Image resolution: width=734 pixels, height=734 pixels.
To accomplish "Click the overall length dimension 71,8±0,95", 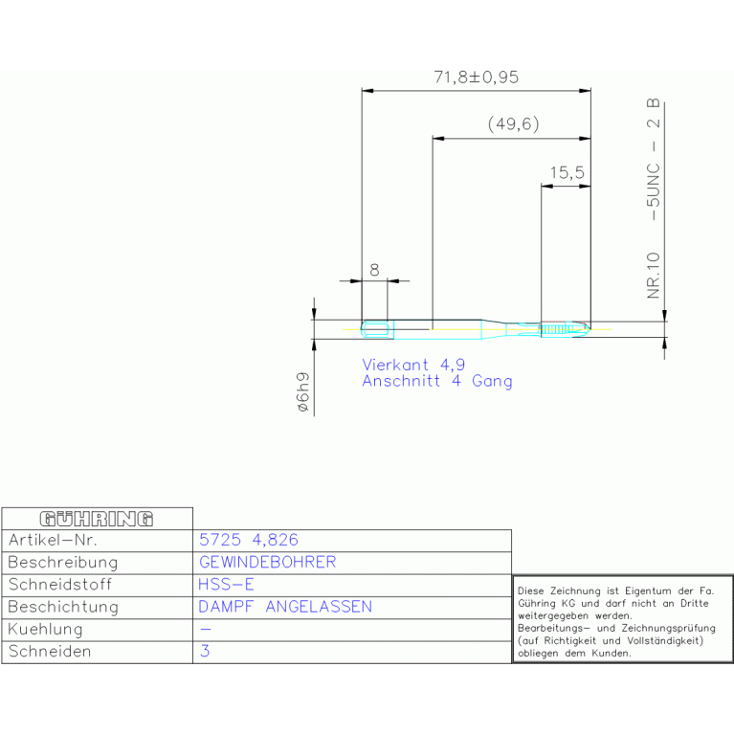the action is [476, 78].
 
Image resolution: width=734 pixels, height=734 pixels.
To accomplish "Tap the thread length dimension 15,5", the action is [567, 172].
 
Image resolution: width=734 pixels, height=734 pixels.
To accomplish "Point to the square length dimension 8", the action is [374, 270].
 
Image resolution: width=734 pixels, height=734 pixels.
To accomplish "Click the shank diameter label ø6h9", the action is [303, 391].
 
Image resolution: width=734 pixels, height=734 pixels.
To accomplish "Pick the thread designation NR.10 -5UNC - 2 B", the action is [653, 198].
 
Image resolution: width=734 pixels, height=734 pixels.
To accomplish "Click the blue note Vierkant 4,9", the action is [413, 365].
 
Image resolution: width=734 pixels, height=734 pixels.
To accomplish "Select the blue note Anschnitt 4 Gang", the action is [437, 381].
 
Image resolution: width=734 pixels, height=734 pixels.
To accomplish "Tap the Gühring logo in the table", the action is [97, 519].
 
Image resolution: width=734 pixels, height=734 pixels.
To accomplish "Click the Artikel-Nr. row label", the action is [53, 540].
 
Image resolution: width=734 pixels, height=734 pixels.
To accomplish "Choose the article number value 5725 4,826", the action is [249, 540].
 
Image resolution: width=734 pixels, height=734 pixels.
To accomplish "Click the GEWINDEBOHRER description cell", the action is [268, 562].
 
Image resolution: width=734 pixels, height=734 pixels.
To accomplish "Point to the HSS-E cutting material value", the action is [226, 584].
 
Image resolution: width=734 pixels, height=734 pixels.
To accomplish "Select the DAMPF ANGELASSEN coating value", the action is [285, 607].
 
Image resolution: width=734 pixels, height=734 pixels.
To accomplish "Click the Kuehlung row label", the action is [45, 629].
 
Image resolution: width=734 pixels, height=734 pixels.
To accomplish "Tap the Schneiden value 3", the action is [205, 651].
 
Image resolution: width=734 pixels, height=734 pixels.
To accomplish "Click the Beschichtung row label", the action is [63, 607].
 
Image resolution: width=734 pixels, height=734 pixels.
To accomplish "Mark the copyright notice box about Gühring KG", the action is [623, 619].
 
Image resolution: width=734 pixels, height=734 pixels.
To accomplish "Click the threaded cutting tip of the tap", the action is [566, 329].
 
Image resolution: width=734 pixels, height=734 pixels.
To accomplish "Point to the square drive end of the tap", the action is [377, 329].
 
